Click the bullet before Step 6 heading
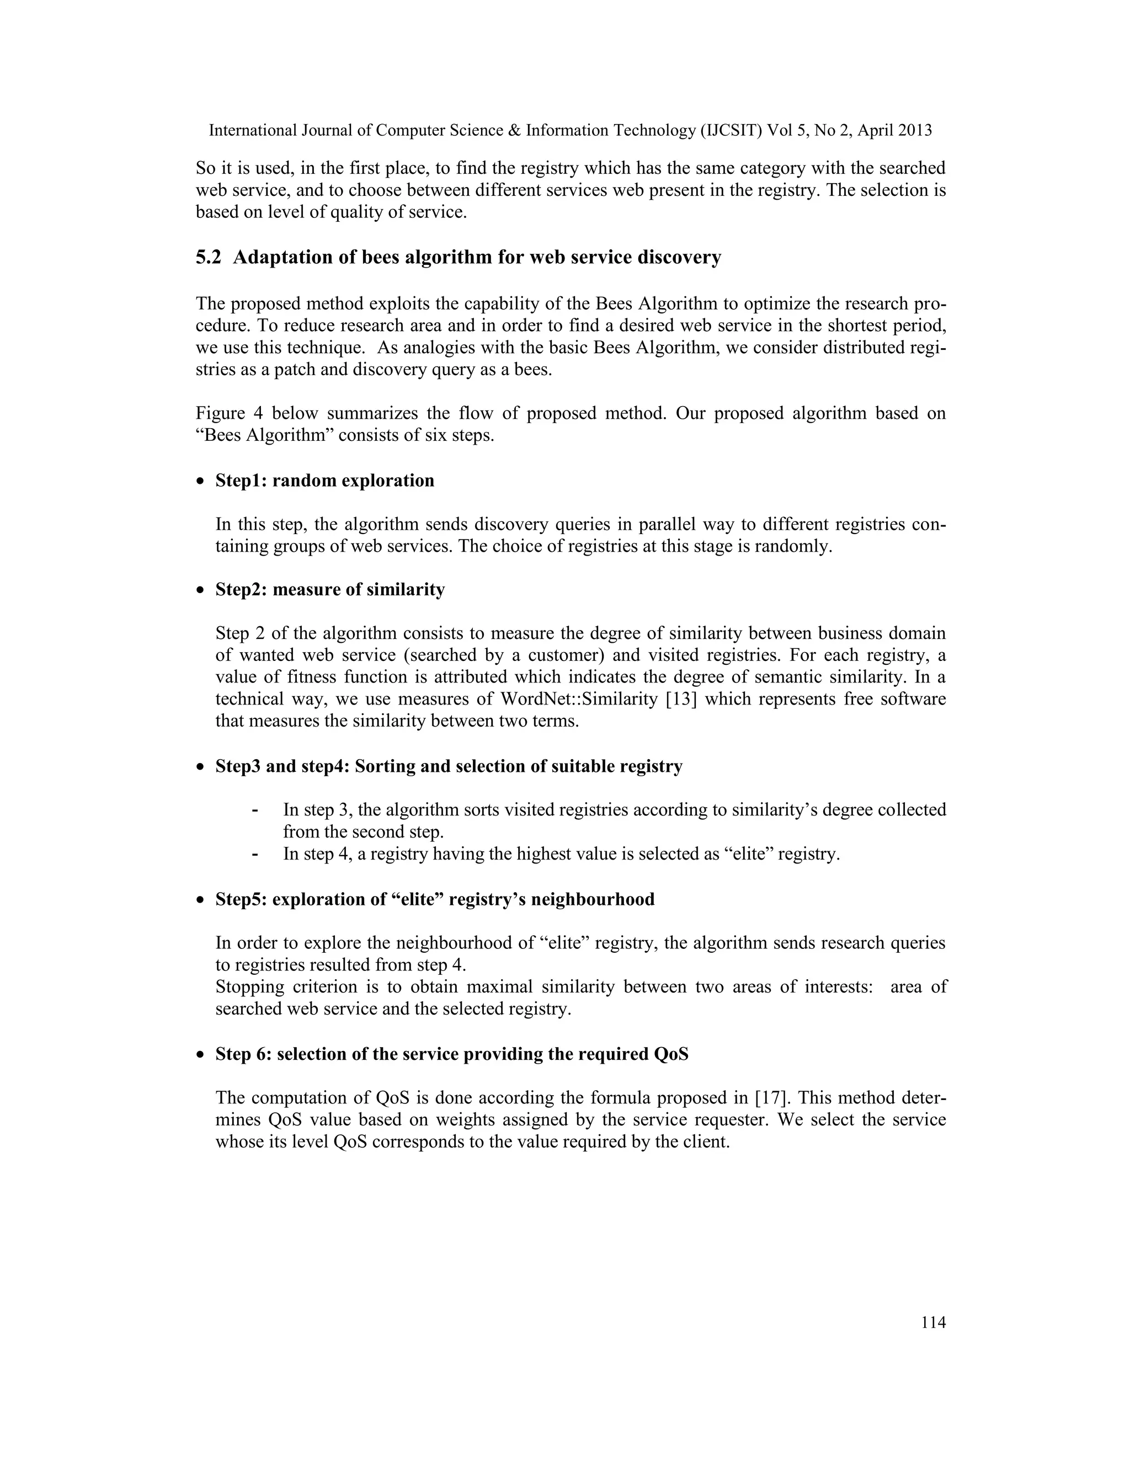pos(200,1055)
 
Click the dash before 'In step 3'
pos(255,810)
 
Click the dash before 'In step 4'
pos(255,854)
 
